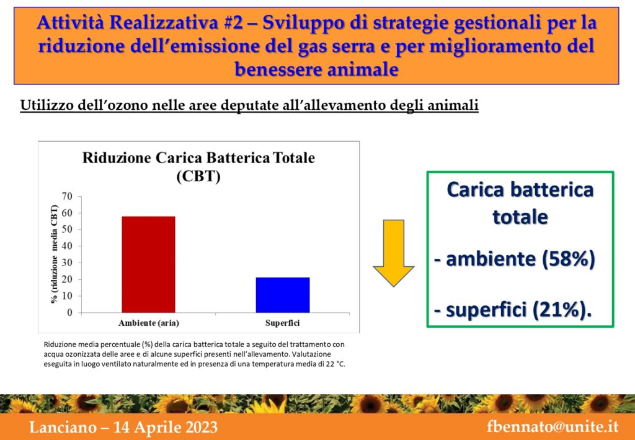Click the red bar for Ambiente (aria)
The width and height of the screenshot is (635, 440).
(148, 264)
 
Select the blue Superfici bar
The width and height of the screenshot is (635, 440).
(283, 295)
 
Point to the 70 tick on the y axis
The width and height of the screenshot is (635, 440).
(67, 197)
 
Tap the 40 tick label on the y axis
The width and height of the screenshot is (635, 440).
(67, 246)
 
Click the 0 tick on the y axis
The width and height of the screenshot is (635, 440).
(69, 313)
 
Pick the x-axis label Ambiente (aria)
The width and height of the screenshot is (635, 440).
(149, 323)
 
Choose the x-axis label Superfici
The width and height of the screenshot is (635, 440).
(283, 323)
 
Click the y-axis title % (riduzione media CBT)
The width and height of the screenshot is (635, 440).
(54, 254)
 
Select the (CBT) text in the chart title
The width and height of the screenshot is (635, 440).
(198, 177)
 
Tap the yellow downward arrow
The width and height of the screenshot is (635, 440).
(393, 253)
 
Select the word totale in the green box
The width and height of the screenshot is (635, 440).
(520, 217)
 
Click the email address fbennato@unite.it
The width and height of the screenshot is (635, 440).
(553, 427)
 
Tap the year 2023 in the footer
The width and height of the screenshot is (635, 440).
(198, 428)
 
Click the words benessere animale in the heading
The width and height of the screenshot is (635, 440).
(316, 70)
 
